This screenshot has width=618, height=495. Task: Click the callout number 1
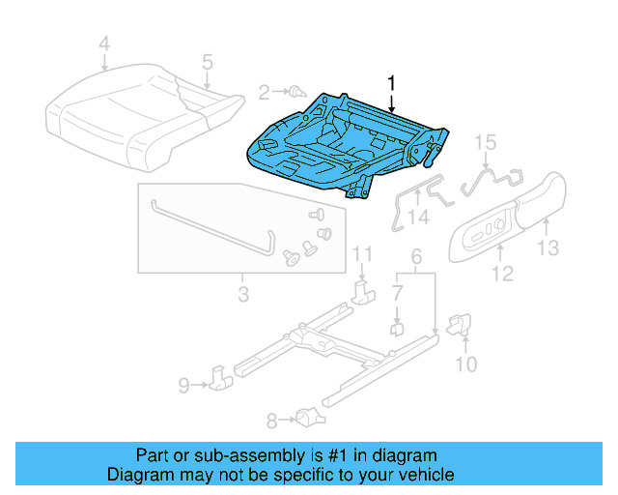pos(391,82)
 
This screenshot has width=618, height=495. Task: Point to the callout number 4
pos(104,43)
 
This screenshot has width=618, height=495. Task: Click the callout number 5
pos(207,63)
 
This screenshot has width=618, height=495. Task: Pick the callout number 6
pos(416,257)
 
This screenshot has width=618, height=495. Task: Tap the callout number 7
pos(398,291)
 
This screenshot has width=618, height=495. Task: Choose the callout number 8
pos(271,420)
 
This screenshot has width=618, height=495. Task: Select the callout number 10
pos(465,364)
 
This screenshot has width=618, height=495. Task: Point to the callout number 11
pos(361,254)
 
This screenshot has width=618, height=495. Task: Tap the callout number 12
pos(501,276)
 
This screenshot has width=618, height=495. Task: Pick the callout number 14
pos(417,218)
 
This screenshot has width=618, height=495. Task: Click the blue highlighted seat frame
pos(328,145)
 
